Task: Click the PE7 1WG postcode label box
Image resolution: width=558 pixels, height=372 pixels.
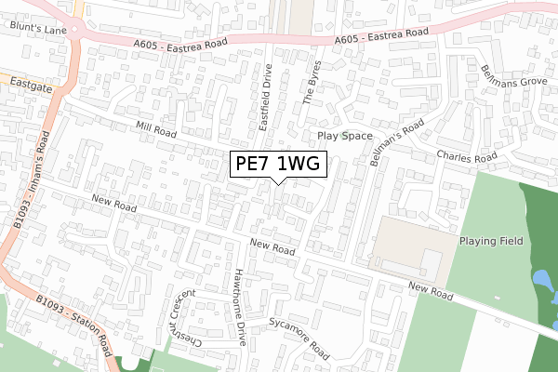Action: pos(278,165)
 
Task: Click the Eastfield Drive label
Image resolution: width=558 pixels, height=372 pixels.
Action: pos(265,98)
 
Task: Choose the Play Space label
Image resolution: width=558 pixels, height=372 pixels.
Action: pos(343,136)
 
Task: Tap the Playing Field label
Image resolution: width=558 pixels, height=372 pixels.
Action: pos(491,241)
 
